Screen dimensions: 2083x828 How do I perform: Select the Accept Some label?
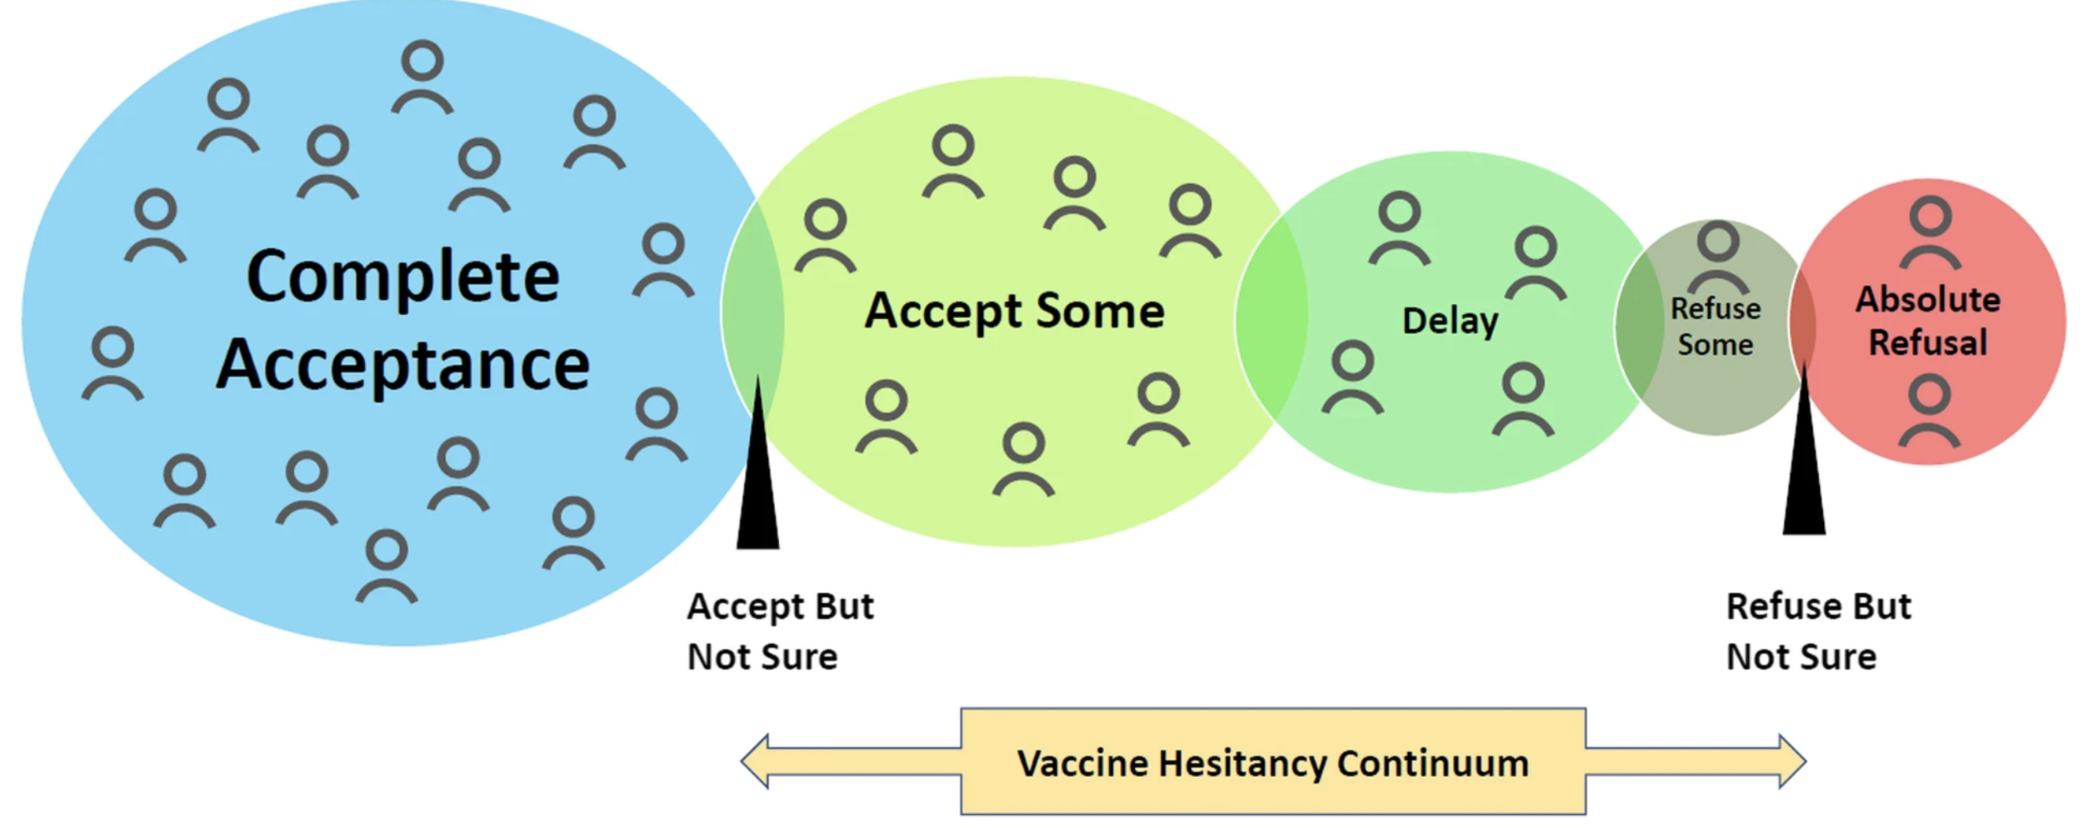tap(1014, 312)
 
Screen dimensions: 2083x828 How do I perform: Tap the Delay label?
tap(1450, 322)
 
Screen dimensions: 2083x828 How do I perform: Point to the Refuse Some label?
tap(1716, 327)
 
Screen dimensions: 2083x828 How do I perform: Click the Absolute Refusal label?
tap(1928, 321)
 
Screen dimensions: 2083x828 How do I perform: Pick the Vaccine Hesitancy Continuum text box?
tap(1273, 761)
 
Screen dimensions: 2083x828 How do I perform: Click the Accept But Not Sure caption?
tap(780, 631)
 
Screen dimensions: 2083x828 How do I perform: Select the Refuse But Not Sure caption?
tap(1818, 631)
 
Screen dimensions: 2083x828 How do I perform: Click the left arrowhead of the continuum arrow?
tap(757, 761)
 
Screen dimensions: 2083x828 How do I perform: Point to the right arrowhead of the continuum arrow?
tap(1791, 761)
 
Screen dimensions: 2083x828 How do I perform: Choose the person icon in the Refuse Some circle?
tap(1717, 257)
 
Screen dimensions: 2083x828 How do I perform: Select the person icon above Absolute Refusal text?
tap(1931, 232)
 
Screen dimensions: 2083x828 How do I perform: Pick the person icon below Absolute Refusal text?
tap(1930, 411)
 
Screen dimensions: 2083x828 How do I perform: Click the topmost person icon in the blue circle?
tap(422, 77)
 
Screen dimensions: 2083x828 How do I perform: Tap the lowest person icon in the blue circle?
tap(387, 566)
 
